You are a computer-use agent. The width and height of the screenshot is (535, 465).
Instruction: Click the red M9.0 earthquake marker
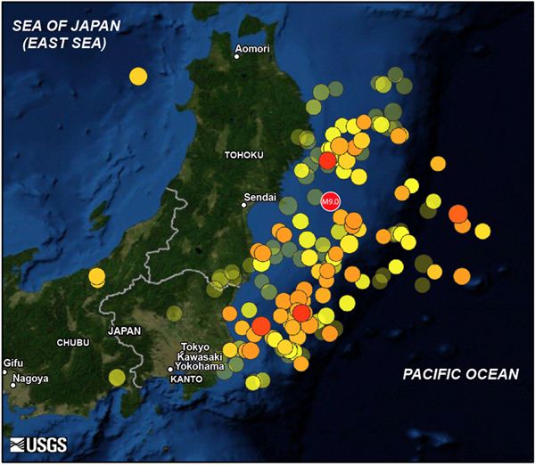coord(330,201)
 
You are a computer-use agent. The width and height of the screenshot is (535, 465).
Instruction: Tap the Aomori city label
coord(252,48)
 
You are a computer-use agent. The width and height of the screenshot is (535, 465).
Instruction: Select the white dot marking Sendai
coord(246,205)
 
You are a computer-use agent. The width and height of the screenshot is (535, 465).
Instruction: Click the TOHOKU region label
coord(243,156)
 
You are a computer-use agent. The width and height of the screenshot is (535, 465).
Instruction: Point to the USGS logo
coord(38,445)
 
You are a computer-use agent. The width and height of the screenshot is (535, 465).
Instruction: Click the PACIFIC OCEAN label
coord(459,374)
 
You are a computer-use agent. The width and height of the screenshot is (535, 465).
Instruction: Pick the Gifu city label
coord(13,363)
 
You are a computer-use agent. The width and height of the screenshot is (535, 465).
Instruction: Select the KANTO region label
coord(187,379)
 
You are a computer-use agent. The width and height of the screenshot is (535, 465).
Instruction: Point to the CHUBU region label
coord(74,343)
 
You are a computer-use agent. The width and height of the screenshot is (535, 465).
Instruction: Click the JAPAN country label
coord(124,330)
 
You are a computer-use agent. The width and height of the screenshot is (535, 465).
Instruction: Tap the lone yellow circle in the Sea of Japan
coord(137,76)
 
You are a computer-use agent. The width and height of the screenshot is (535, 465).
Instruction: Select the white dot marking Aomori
coord(237,56)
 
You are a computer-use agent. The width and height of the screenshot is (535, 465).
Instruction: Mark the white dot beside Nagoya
coord(13,386)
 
